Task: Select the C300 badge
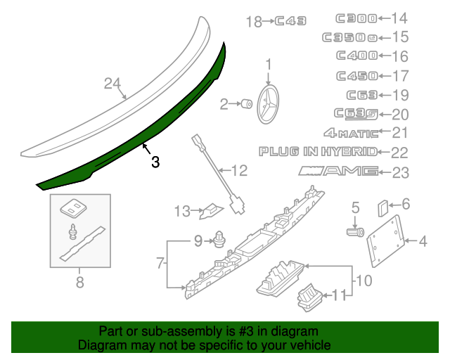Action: click(356, 19)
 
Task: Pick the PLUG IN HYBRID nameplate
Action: click(318, 151)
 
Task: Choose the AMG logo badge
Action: click(338, 171)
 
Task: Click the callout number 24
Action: click(113, 84)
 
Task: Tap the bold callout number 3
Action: click(155, 162)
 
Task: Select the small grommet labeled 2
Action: click(247, 105)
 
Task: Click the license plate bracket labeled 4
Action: click(385, 237)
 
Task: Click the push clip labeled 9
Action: click(219, 241)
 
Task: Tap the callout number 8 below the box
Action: click(79, 283)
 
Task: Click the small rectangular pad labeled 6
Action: click(383, 207)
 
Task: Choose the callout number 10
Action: click(363, 281)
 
